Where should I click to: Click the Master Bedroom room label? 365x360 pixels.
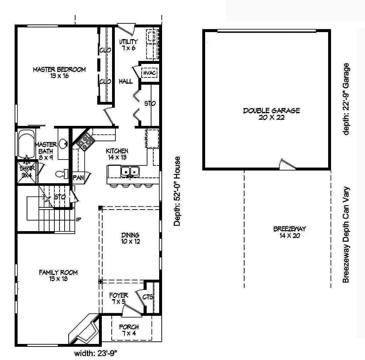click(x=59, y=73)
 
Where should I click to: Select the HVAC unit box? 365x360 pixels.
click(x=150, y=73)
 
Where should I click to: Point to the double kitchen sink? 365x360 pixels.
click(x=130, y=171)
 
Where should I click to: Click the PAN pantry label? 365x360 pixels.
click(x=78, y=178)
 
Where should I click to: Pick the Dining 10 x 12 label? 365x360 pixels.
click(x=131, y=238)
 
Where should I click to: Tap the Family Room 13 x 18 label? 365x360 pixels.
click(x=58, y=276)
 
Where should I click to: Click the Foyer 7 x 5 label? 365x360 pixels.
click(x=119, y=298)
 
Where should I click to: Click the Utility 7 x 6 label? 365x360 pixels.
click(x=128, y=45)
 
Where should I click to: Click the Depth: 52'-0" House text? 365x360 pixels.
click(x=177, y=191)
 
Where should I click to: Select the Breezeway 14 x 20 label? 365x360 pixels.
click(x=289, y=232)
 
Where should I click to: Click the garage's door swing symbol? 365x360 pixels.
click(x=287, y=164)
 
